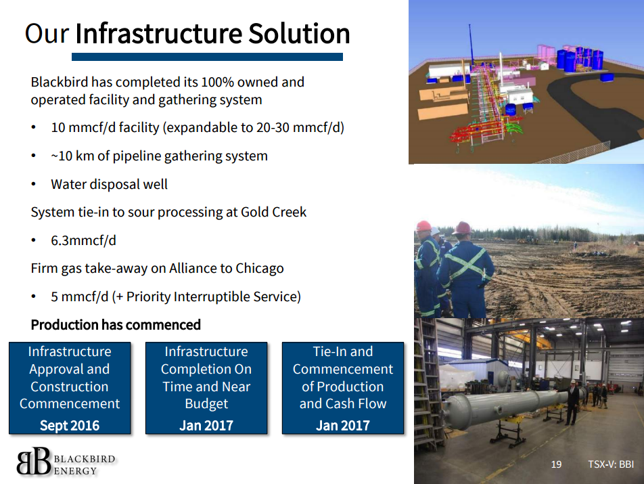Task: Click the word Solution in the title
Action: pos(299,33)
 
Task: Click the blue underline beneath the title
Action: pos(207,57)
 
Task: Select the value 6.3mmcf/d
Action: pos(83,240)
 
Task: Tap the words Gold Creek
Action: pos(273,212)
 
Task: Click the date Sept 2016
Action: pos(70,425)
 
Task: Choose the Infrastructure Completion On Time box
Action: pos(206,388)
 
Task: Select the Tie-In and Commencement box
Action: pos(343,388)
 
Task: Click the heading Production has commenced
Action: pos(116,324)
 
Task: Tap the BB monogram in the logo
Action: pos(34,462)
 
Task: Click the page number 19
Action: pos(556,464)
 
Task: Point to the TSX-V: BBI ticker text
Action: pos(611,464)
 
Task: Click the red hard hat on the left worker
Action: pos(423,226)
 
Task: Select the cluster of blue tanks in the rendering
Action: pos(580,59)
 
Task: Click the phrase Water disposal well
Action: pos(110,184)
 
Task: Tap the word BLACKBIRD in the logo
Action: pos(85,459)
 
